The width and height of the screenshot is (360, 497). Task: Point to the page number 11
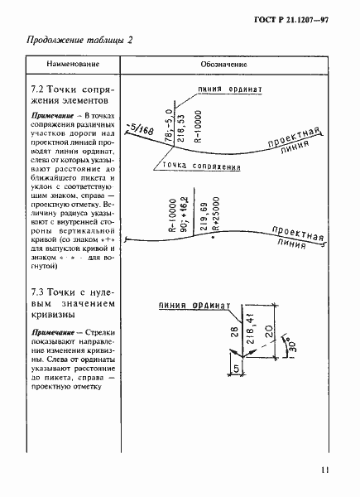click(x=324, y=471)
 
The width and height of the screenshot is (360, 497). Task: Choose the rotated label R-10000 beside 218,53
click(x=195, y=125)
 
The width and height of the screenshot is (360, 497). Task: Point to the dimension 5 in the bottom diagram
click(x=213, y=368)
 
